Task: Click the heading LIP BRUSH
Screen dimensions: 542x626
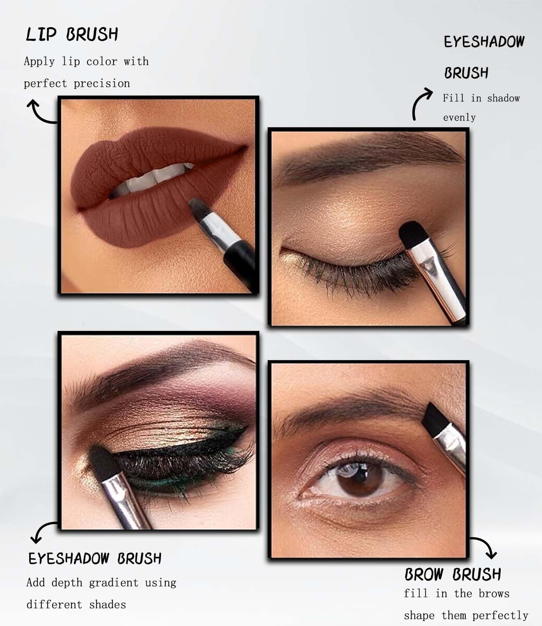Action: click(x=72, y=34)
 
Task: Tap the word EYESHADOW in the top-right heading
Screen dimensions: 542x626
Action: click(x=484, y=42)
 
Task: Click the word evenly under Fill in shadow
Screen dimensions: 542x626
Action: click(x=459, y=118)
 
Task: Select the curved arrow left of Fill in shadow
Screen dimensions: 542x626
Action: click(x=421, y=104)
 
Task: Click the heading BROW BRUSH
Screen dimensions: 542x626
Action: click(x=453, y=574)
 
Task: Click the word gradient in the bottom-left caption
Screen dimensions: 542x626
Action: click(x=113, y=583)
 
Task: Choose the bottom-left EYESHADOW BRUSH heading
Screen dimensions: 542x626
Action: click(x=95, y=558)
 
